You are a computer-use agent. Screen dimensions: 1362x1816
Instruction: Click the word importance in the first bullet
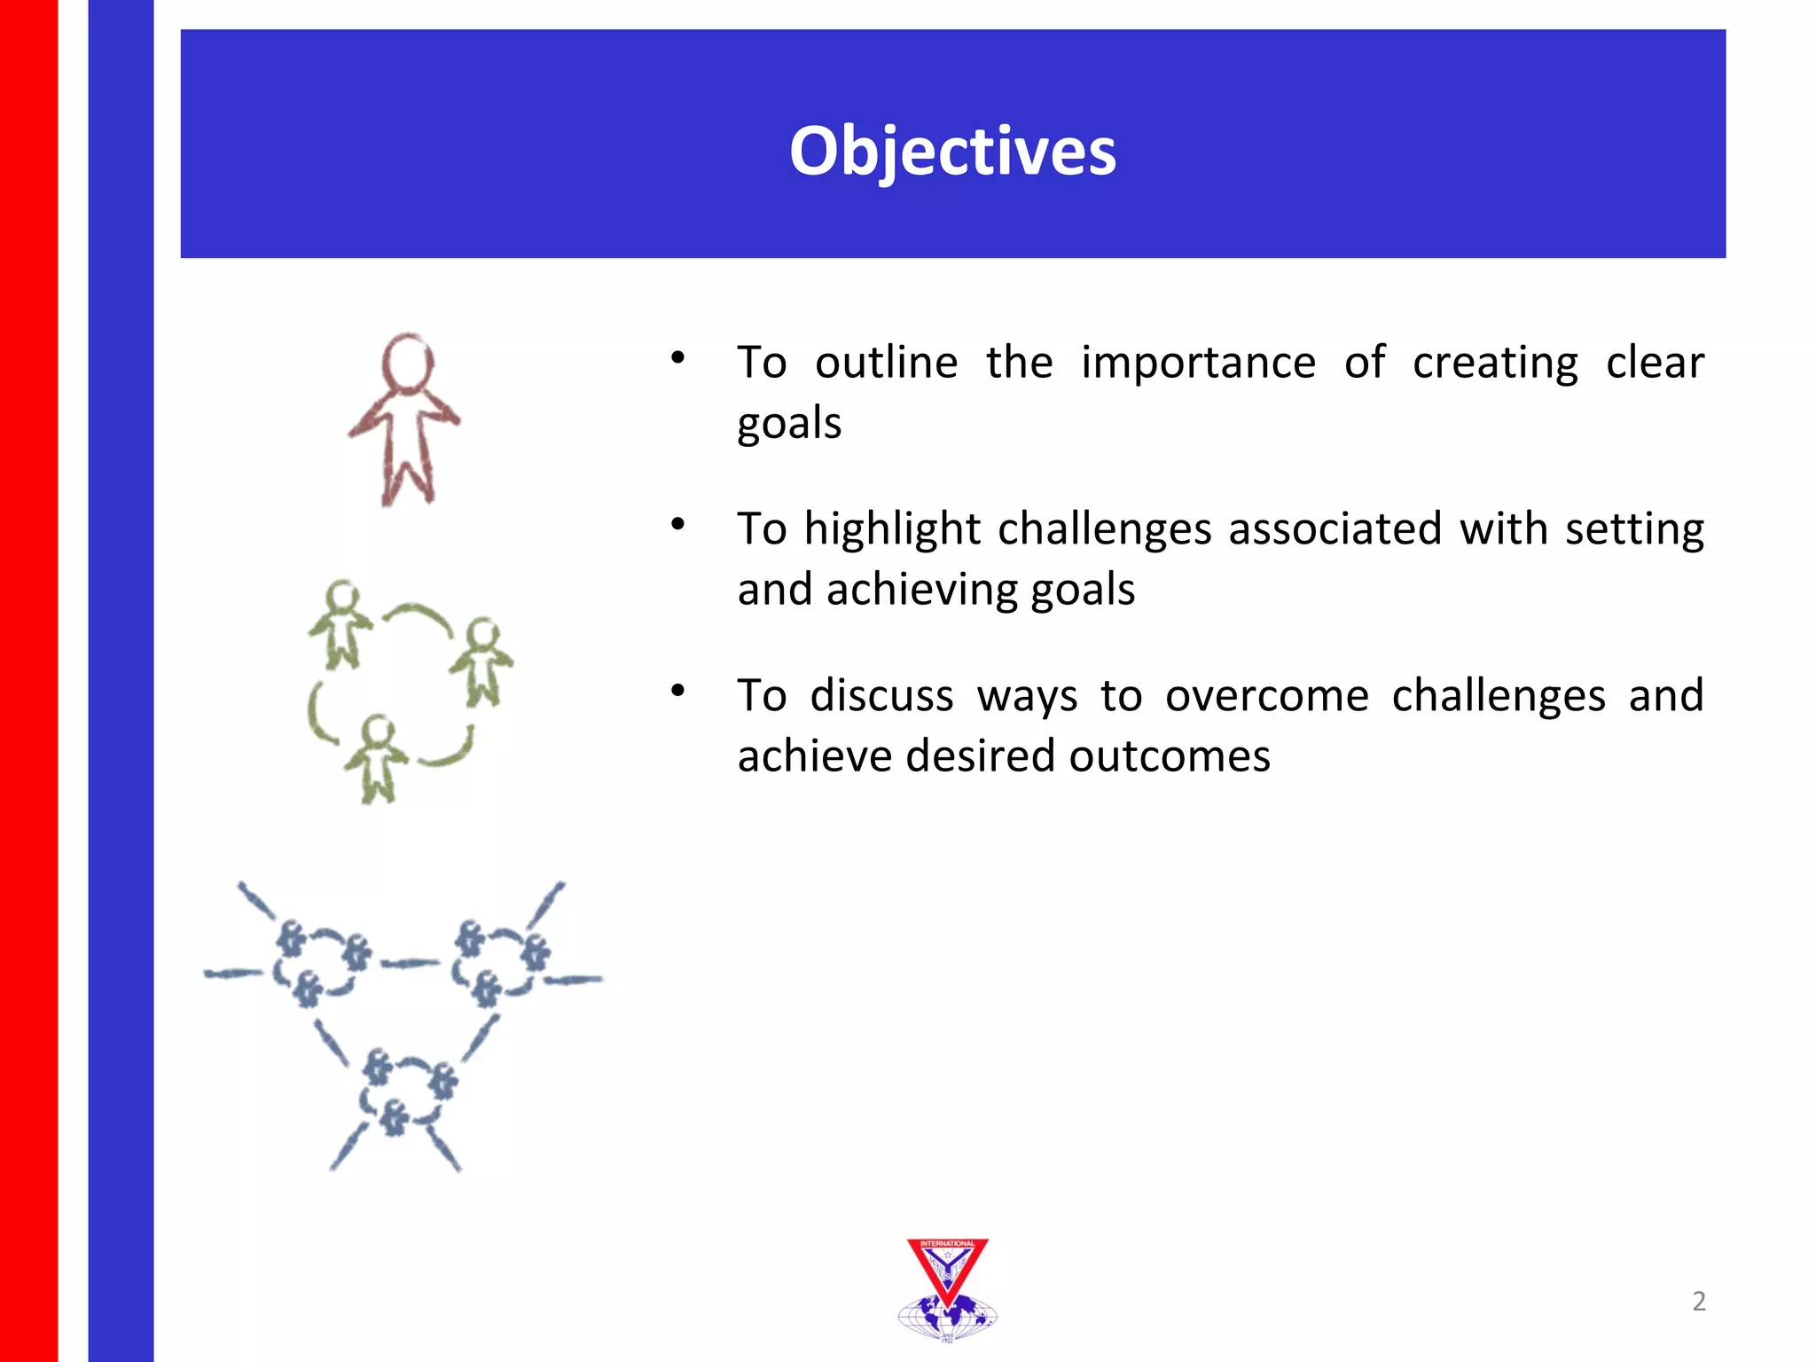click(1198, 364)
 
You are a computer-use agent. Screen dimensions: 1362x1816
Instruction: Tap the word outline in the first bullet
click(886, 364)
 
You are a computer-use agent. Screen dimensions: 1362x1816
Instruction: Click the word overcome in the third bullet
click(1266, 696)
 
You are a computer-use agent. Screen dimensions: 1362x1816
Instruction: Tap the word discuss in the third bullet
click(881, 696)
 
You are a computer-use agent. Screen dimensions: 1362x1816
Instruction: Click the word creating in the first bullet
click(1495, 364)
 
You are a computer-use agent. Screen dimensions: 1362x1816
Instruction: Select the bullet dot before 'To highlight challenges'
click(678, 524)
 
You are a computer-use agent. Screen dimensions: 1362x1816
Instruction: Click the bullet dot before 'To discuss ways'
click(678, 691)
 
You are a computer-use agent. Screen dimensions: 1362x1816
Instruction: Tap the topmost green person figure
click(340, 623)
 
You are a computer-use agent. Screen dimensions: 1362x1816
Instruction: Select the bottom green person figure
click(378, 758)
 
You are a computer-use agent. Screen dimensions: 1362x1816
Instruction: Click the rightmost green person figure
click(481, 661)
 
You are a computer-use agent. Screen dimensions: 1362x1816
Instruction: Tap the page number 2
click(1698, 1301)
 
